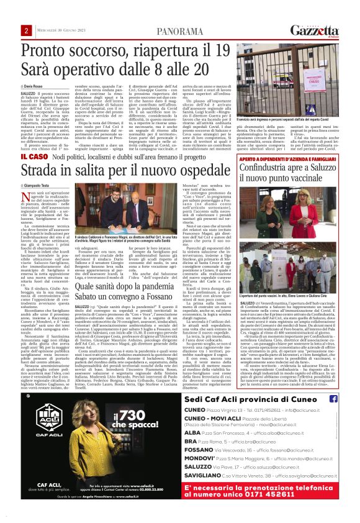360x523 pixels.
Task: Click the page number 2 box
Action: (x=26, y=30)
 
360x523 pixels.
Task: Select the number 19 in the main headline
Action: (x=220, y=50)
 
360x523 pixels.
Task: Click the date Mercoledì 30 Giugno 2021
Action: (x=60, y=30)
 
